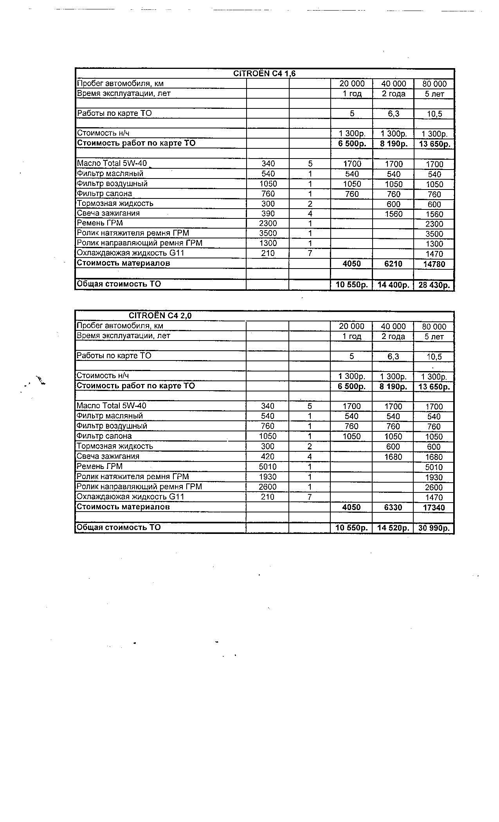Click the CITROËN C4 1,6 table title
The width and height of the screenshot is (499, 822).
click(264, 74)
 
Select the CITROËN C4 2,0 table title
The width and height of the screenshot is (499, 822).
click(160, 316)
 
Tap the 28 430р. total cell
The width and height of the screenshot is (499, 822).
click(434, 285)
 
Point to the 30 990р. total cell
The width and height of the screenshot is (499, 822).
click(434, 528)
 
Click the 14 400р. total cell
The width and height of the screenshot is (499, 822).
click(393, 285)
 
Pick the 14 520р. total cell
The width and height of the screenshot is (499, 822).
click(393, 528)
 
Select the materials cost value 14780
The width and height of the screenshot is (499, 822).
click(434, 264)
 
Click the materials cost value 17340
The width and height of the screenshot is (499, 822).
click(434, 508)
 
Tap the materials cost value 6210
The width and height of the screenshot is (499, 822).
click(393, 264)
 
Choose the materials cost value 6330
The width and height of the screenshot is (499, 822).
click(393, 508)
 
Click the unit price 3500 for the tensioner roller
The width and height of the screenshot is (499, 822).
click(268, 233)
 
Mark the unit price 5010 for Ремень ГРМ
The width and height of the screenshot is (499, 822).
click(268, 467)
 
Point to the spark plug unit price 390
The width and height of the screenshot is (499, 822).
click(268, 214)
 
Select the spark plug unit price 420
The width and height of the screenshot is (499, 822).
click(268, 456)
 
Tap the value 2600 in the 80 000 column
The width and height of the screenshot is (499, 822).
click(434, 487)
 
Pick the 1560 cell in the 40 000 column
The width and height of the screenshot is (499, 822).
click(393, 214)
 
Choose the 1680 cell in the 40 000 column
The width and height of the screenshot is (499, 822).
click(393, 457)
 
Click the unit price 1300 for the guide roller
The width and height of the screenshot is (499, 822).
click(268, 243)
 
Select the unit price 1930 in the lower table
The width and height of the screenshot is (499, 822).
click(268, 477)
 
